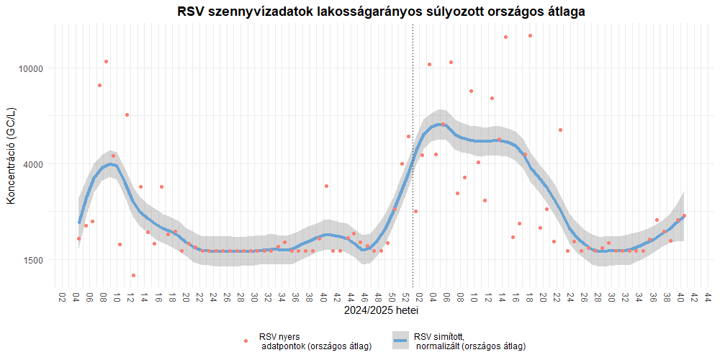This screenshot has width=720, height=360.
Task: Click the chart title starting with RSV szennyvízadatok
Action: point(381,12)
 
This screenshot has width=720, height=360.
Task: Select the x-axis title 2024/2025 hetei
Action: point(382,312)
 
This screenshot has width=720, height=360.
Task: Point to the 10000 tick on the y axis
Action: point(32,68)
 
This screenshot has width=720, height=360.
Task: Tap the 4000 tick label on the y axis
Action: point(34,164)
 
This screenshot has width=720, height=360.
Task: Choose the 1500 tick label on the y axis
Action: point(34,260)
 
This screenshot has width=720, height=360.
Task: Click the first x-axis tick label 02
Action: point(62,297)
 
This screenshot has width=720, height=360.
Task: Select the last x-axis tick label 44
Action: point(708,297)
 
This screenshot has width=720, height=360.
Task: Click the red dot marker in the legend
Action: point(246,341)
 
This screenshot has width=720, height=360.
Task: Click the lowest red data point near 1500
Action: point(134,275)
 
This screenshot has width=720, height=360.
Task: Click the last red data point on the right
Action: point(684,215)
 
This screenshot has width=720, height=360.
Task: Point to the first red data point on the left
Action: point(79,238)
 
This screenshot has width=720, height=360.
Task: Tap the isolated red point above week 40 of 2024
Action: point(326,186)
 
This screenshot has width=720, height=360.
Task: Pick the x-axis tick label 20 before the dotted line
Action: point(186,297)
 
